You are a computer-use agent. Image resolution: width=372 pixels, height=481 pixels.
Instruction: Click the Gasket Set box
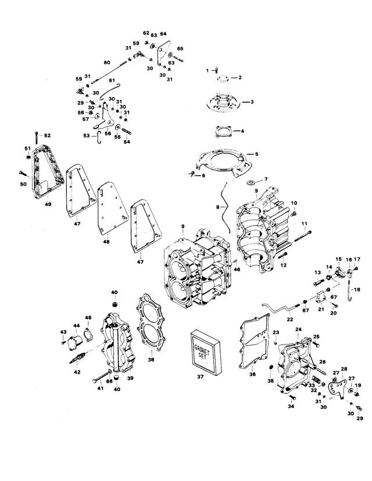(206, 353)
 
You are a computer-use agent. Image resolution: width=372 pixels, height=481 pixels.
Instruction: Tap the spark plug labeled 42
(78, 358)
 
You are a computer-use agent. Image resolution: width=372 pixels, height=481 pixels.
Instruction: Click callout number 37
(200, 376)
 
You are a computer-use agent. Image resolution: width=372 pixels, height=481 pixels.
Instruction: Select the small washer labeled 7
(251, 182)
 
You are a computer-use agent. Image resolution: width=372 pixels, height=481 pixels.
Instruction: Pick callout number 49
(48, 204)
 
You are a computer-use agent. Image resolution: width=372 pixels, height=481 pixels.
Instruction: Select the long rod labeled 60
(109, 72)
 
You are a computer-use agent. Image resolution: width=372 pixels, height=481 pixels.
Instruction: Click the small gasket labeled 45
(88, 334)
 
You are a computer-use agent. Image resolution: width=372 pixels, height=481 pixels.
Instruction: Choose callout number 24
(298, 329)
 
